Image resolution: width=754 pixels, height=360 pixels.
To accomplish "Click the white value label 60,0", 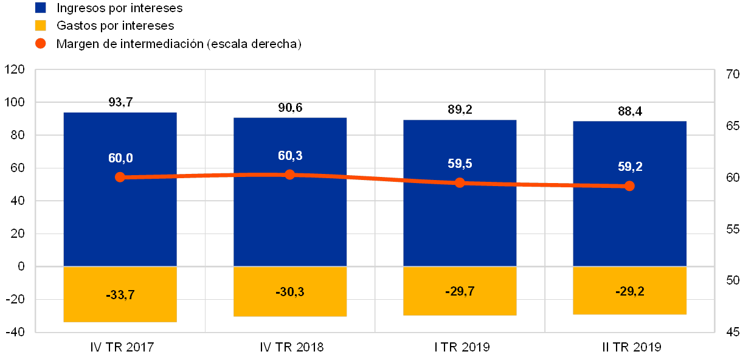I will (x=120, y=159).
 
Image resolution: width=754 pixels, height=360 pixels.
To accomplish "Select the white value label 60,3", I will (x=290, y=156).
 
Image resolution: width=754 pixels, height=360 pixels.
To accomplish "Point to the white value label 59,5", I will (x=460, y=164).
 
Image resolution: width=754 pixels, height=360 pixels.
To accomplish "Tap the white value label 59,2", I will (x=629, y=167).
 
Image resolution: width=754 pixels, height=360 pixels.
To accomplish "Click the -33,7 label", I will (x=120, y=295).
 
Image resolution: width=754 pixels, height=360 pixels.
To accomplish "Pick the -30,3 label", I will (x=290, y=292).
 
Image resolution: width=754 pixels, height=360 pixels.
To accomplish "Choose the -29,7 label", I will (x=460, y=291).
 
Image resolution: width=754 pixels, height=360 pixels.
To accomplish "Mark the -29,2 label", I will (x=629, y=291).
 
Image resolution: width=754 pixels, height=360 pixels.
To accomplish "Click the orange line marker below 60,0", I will (x=120, y=177).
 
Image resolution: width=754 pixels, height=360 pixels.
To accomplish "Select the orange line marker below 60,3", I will (x=290, y=175).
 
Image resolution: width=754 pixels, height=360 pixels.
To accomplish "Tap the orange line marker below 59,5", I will (x=460, y=182).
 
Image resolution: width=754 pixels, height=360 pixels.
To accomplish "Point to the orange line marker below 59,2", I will (x=629, y=185).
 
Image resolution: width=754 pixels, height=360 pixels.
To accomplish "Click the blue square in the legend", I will (x=41, y=8).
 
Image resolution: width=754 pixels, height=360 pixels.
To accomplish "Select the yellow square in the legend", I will (x=41, y=26).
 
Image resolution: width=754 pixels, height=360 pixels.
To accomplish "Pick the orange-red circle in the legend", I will (x=41, y=43).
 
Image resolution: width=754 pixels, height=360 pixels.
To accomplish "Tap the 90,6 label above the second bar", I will (x=290, y=108).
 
